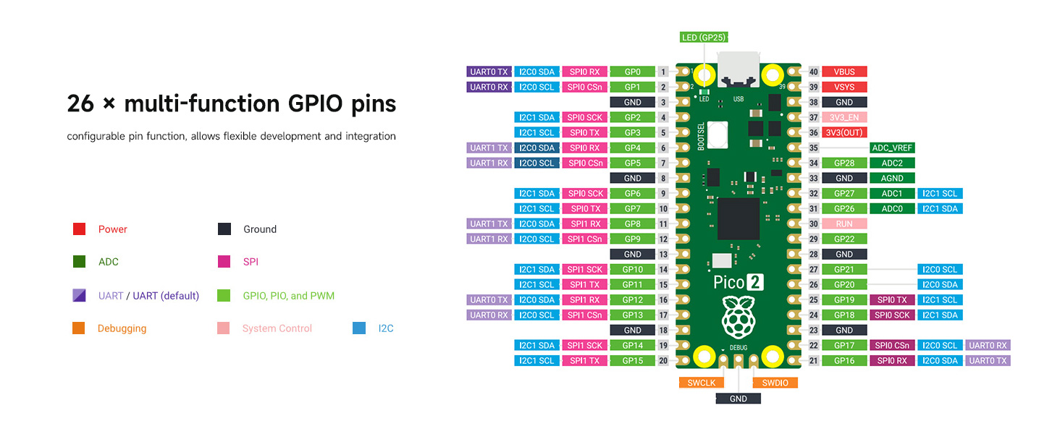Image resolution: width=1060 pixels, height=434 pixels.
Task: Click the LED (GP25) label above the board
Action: [704, 38]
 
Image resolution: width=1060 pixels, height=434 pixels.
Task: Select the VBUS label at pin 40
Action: [844, 72]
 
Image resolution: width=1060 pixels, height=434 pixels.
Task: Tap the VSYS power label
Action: [844, 87]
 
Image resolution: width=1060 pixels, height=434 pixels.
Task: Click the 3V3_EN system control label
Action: [844, 117]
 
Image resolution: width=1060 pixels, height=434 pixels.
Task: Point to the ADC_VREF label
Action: [892, 148]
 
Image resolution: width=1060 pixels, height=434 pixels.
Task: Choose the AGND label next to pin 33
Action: [892, 178]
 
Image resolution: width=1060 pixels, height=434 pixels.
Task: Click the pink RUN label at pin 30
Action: [844, 224]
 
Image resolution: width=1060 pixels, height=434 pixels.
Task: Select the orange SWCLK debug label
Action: [702, 383]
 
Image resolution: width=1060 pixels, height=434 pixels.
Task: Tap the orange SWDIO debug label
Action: [775, 383]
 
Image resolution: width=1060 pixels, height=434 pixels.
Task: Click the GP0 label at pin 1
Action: [633, 72]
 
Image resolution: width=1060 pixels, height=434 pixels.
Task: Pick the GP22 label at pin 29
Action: [844, 239]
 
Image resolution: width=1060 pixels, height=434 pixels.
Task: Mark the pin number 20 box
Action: [663, 361]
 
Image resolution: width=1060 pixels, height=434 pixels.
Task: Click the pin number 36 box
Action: [813, 132]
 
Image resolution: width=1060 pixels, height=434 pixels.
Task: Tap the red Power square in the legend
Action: [80, 229]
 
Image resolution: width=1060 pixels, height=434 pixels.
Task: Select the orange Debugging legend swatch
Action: [80, 328]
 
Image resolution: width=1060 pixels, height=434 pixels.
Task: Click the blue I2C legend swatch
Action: [359, 328]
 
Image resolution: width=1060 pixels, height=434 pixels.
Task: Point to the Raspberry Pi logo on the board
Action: [738, 315]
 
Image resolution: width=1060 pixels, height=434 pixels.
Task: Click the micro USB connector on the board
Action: [739, 69]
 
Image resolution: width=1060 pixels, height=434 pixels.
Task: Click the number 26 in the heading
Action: [80, 104]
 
